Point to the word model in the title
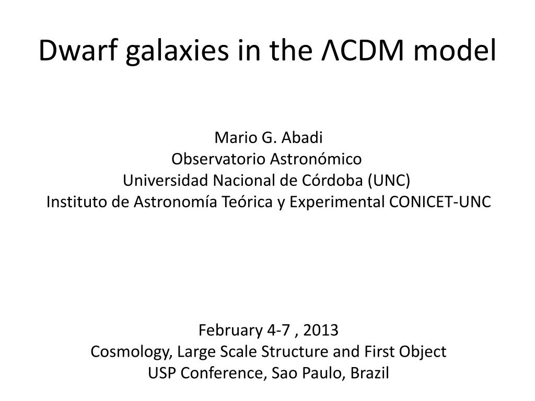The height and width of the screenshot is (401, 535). [455, 50]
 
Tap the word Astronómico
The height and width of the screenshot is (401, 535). [316, 159]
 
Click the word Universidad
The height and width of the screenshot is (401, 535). [166, 180]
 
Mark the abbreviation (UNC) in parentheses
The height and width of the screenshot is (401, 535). [389, 181]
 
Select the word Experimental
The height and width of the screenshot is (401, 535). [337, 203]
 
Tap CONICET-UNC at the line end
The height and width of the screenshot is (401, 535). [440, 202]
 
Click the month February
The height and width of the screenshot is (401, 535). [230, 331]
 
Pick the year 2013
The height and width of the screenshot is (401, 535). [321, 330]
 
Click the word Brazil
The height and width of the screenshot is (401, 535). [369, 373]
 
